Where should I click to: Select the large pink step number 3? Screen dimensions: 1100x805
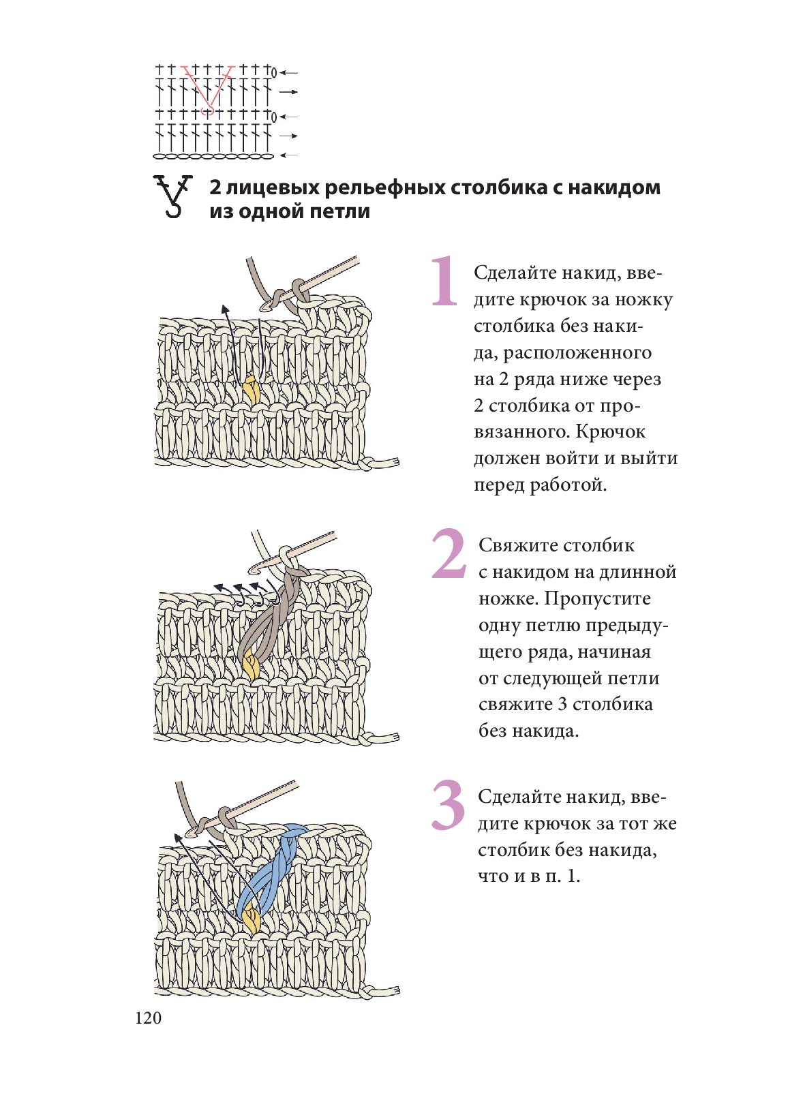pyautogui.click(x=448, y=806)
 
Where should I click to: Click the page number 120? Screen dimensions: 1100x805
pyautogui.click(x=148, y=1018)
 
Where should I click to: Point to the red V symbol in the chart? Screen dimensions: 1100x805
pyautogui.click(x=209, y=89)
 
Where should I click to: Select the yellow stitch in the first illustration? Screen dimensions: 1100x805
pyautogui.click(x=251, y=390)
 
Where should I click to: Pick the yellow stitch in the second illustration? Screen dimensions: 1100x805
pyautogui.click(x=250, y=665)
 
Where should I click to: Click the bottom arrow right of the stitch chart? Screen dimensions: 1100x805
pyautogui.click(x=289, y=155)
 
